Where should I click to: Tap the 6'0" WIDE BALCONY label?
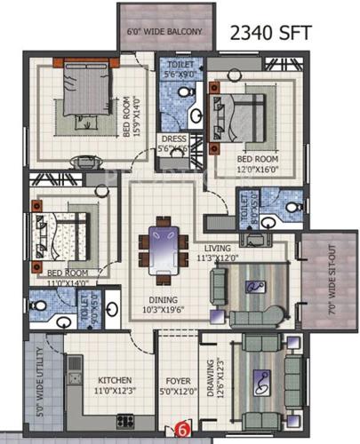point(166,33)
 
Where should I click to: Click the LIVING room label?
point(218,248)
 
